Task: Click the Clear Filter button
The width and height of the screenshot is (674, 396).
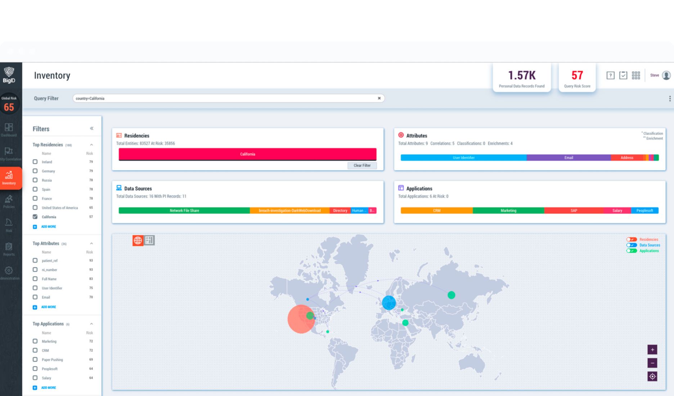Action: [362, 166]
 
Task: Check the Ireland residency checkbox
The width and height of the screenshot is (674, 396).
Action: [35, 162]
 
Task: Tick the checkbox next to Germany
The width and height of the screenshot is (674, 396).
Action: [35, 171]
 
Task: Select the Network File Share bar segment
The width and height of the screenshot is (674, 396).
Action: [184, 211]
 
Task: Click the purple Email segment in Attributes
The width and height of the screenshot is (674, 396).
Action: [569, 158]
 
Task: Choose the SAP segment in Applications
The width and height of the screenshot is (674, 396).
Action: [574, 211]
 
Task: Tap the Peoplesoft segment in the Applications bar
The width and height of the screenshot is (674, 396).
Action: [644, 211]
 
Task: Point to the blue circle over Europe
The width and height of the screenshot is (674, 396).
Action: [389, 303]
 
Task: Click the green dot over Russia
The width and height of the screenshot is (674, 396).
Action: [451, 295]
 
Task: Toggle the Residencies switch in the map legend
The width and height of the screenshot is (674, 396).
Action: [632, 239]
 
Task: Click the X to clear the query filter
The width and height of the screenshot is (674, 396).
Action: [379, 98]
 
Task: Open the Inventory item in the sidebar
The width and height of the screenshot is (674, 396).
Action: [9, 178]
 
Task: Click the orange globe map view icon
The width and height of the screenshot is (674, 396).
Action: [138, 240]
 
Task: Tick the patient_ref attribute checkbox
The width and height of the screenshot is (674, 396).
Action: [35, 260]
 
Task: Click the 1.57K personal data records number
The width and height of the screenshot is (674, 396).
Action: [522, 76]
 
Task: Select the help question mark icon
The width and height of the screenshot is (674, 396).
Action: [610, 75]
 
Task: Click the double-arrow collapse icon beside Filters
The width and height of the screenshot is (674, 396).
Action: [91, 129]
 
